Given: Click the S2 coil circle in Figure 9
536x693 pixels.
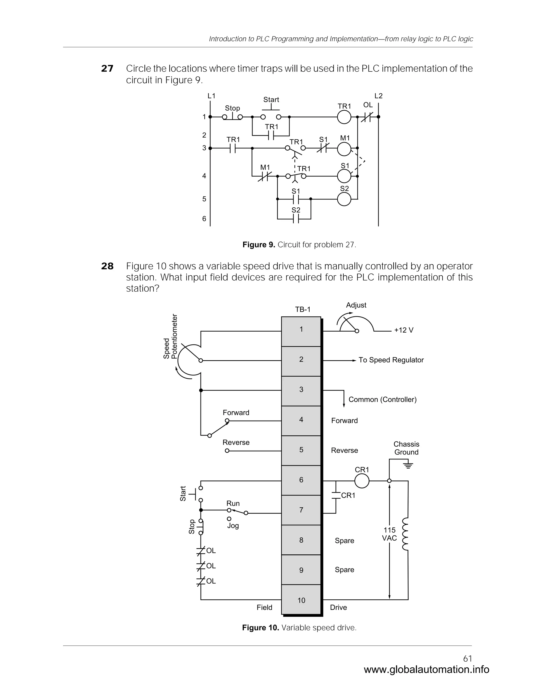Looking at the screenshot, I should click(344, 199).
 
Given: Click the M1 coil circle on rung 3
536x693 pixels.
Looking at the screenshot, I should click(344, 149).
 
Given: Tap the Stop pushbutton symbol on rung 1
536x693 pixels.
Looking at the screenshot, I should click(232, 116).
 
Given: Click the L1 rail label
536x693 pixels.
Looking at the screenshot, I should click(211, 96).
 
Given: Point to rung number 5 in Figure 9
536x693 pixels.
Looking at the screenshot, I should click(204, 199).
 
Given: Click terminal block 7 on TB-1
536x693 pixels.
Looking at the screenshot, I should click(301, 510).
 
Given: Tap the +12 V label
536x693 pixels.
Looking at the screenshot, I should click(404, 330).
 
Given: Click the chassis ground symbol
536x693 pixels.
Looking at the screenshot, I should click(408, 466).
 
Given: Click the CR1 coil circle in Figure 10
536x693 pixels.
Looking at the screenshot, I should click(362, 481).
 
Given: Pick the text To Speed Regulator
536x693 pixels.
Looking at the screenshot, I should click(391, 360).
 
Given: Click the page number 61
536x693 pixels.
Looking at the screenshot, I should click(467, 658).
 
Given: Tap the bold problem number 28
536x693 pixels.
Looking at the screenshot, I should click(107, 266).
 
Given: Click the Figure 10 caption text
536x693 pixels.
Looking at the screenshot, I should click(299, 628).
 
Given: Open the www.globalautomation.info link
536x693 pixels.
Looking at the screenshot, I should click(426, 669).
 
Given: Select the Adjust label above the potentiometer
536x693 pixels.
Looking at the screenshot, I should click(356, 305).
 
